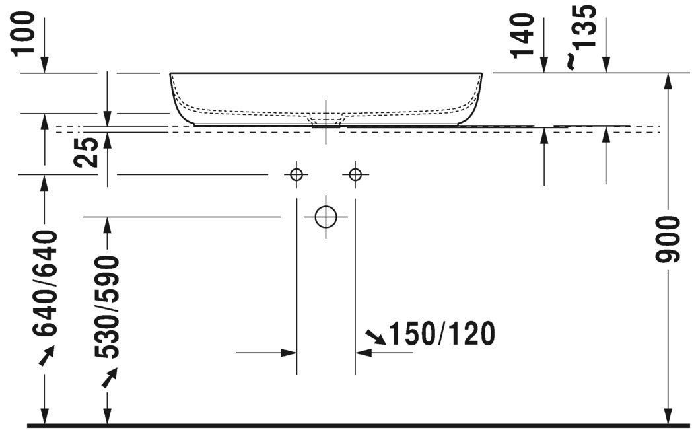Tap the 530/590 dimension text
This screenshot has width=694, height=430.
coord(106,307)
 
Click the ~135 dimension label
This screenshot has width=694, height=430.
coord(584,36)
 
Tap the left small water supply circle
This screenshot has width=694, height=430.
coord(296,174)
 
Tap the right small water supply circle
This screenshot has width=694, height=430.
coord(355,174)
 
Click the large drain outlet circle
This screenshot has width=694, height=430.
coord(326,216)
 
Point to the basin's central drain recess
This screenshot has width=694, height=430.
coord(326,120)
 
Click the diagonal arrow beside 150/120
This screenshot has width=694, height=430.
coord(377,338)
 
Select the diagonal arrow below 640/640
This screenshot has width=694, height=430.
coord(46,357)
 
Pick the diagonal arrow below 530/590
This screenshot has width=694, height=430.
coord(108,377)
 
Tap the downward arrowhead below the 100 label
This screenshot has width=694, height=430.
coord(45,65)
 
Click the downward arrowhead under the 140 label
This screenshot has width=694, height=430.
coord(543,65)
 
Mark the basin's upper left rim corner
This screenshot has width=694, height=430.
coord(171,74)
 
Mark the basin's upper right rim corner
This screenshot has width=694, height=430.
coord(481,74)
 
